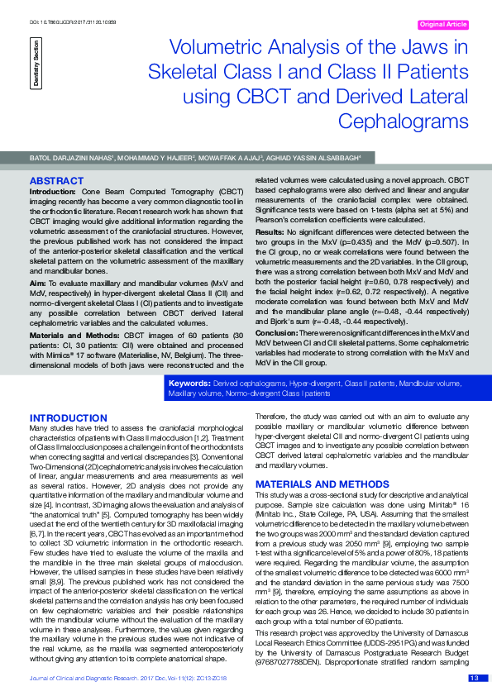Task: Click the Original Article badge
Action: pos(444,25)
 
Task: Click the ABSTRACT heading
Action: pos(55,180)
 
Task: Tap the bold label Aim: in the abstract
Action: pos(38,283)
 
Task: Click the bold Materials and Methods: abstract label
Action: pos(68,334)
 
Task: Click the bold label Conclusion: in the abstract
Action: pos(276,331)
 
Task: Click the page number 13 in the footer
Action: pos(474,679)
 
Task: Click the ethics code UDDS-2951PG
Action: pos(371,643)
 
